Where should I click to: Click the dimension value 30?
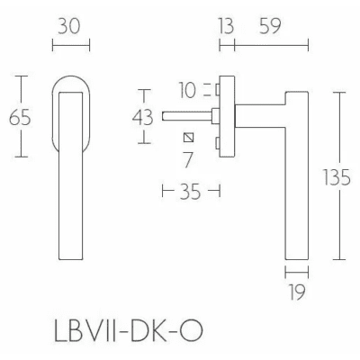click(x=69, y=26)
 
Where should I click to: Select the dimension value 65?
click(x=20, y=117)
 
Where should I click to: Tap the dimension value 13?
click(x=226, y=26)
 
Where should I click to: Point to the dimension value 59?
click(x=270, y=26)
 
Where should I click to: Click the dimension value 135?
click(x=337, y=177)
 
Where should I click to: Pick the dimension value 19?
click(x=297, y=292)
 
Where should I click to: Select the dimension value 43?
click(x=143, y=117)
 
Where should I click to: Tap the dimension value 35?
click(x=190, y=192)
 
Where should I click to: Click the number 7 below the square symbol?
click(x=188, y=160)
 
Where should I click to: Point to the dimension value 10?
click(x=187, y=90)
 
